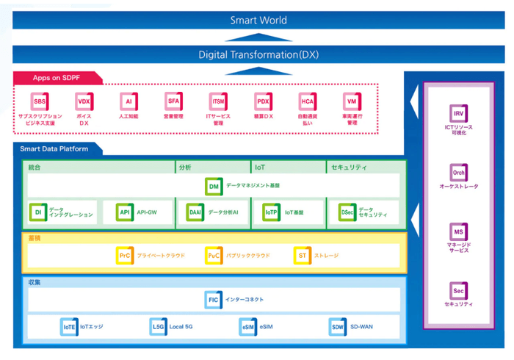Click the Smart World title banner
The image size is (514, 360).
(x=258, y=20)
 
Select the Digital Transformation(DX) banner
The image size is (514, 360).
(x=258, y=54)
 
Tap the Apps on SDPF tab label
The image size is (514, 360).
(x=57, y=78)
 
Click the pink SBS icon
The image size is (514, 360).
(x=40, y=101)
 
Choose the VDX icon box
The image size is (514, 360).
(x=84, y=101)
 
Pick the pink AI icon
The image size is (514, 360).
(x=128, y=101)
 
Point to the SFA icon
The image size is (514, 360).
(x=173, y=101)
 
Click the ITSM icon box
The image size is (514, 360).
(x=218, y=101)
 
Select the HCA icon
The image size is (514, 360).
(x=307, y=101)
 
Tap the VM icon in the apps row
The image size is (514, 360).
(x=352, y=101)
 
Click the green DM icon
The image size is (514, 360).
(x=214, y=187)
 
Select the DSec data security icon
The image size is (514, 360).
(x=347, y=212)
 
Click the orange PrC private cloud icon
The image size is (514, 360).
(x=125, y=256)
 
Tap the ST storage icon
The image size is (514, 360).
(x=302, y=256)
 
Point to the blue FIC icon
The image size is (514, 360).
(x=214, y=300)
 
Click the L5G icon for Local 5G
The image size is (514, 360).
(x=158, y=326)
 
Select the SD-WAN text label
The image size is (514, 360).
(x=363, y=326)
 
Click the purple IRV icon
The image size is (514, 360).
(x=458, y=113)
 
